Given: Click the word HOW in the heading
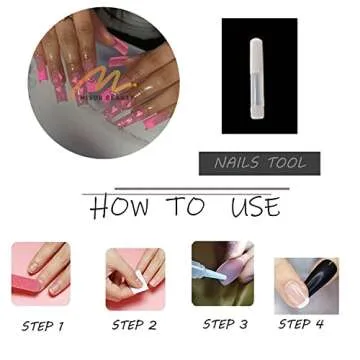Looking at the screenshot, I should (x=122, y=207).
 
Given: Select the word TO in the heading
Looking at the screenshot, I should (x=186, y=207).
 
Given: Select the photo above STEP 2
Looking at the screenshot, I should (x=135, y=276).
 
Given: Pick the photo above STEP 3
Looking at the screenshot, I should (x=223, y=273).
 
